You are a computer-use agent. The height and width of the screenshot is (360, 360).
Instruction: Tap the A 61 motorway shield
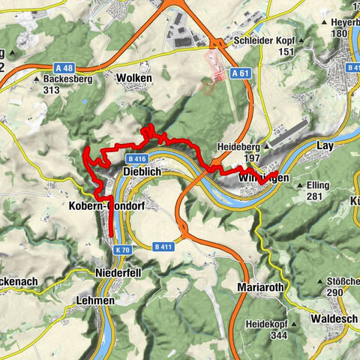(240, 73)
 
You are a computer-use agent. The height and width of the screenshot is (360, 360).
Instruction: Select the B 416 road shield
(136, 159)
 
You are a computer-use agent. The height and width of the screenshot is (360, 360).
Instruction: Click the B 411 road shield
(163, 246)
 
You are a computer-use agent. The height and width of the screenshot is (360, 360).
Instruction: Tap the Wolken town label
(134, 78)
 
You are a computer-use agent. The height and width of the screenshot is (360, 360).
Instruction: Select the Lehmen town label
(94, 300)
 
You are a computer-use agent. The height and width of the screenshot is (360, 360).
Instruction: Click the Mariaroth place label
(259, 288)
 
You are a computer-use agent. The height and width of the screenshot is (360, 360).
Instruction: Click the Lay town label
(325, 146)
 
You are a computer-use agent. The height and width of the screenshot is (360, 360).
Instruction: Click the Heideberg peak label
(238, 147)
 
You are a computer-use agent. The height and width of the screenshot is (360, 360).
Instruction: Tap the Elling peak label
(322, 184)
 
